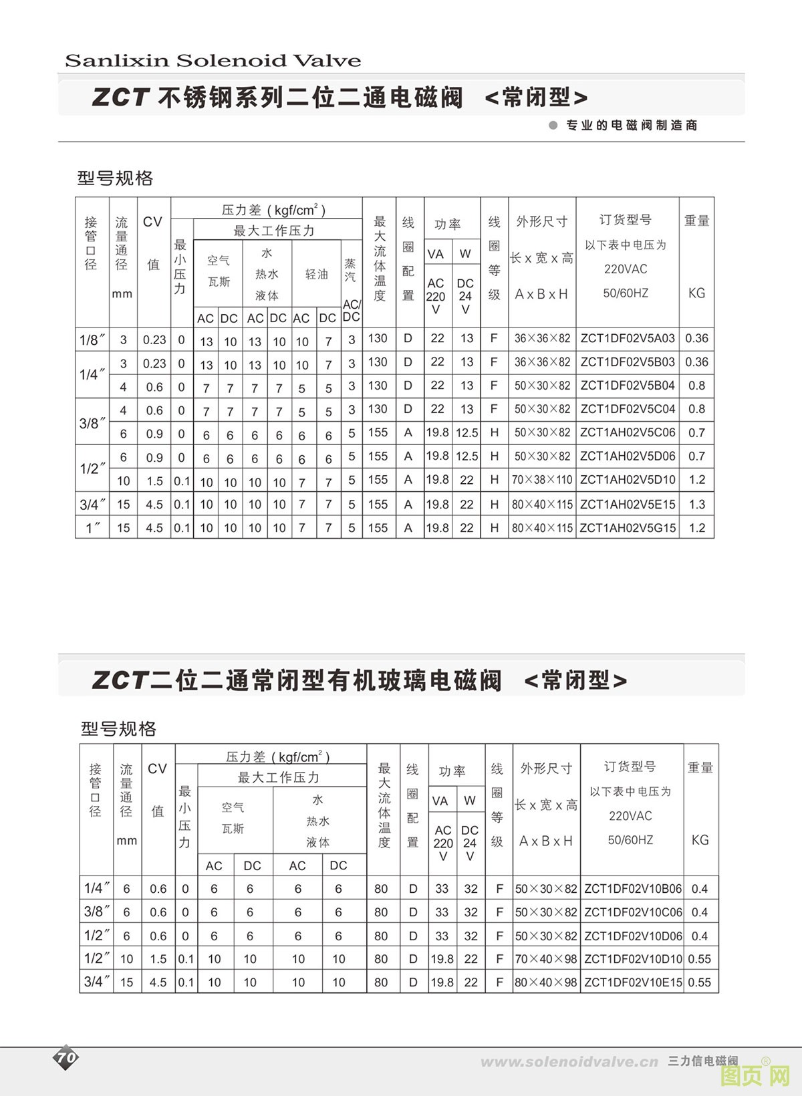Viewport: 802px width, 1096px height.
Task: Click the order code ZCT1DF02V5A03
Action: pos(628,338)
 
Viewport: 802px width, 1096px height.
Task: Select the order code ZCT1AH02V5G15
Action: pos(628,528)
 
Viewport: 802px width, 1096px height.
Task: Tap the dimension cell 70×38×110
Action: pos(542,480)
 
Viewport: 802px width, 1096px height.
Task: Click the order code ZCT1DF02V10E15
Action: pos(633,982)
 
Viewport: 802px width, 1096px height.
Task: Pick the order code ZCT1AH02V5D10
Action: pos(628,480)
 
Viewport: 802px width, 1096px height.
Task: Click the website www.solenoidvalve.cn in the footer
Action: pos(569,1062)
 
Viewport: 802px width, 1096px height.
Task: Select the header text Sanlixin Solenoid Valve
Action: pos(213,61)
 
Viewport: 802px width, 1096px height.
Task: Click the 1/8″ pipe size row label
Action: pos(92,339)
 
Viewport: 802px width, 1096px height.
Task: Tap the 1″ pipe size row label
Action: pos(92,528)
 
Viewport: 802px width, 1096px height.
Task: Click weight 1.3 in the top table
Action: pos(696,505)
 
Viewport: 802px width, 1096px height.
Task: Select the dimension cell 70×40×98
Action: pos(545,959)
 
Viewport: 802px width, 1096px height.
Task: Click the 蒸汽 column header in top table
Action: pos(350,270)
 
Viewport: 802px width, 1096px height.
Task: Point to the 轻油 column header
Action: pos(316,274)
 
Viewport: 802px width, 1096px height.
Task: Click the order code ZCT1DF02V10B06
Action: pos(633,889)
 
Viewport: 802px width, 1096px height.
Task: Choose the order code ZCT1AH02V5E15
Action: pos(628,505)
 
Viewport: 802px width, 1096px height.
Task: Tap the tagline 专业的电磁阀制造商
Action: pos(631,125)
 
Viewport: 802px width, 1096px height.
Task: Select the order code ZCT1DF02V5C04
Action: pos(628,409)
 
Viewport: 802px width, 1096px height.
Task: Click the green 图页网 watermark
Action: pos(755,1075)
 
